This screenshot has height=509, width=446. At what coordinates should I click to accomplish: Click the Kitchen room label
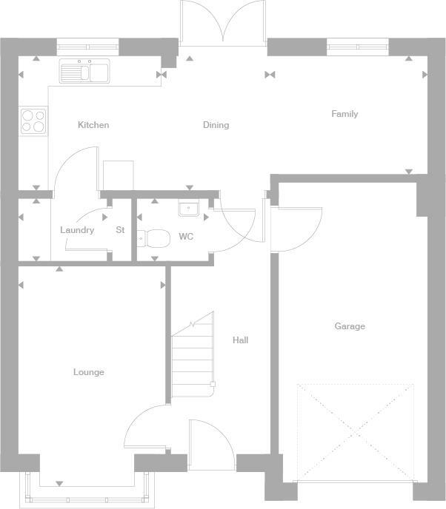tap(93, 125)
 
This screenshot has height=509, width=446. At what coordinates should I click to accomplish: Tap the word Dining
tap(216, 125)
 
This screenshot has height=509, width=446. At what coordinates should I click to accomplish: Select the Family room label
tap(345, 114)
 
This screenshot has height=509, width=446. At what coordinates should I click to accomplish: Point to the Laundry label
tap(77, 230)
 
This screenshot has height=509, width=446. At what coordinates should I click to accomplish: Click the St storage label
tap(120, 230)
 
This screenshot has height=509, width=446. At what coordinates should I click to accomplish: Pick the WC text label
tap(186, 237)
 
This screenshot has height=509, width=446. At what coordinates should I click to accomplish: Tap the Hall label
tap(240, 340)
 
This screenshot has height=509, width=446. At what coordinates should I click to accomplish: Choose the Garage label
tap(350, 326)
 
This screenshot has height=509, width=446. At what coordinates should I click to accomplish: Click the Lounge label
tap(89, 372)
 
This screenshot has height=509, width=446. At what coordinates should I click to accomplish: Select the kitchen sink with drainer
tap(84, 71)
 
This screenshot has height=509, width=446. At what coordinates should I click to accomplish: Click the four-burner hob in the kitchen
tap(32, 120)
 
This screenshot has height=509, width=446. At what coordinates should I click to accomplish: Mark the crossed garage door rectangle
tap(355, 431)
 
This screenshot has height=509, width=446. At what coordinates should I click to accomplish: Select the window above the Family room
tap(358, 47)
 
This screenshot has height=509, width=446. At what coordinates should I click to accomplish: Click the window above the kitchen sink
tap(88, 47)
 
